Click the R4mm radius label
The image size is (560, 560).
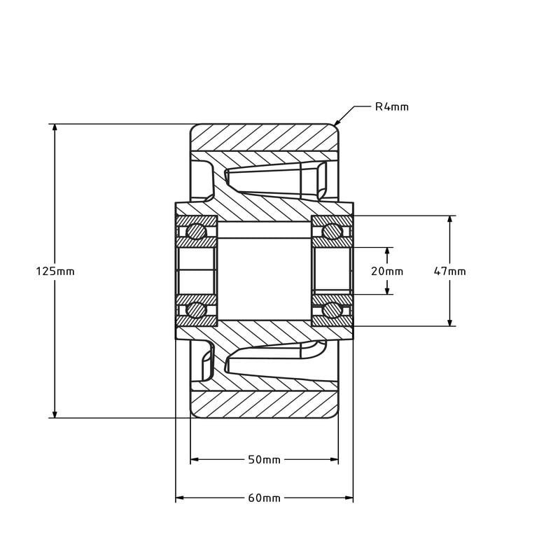(391, 107)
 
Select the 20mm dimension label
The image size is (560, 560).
(387, 271)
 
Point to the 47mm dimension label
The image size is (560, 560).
(449, 271)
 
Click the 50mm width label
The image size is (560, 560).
(264, 460)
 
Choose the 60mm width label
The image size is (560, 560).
(264, 498)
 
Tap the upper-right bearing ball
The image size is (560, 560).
(332, 230)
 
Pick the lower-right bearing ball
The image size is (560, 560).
(332, 311)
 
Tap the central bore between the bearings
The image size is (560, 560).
(264, 271)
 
